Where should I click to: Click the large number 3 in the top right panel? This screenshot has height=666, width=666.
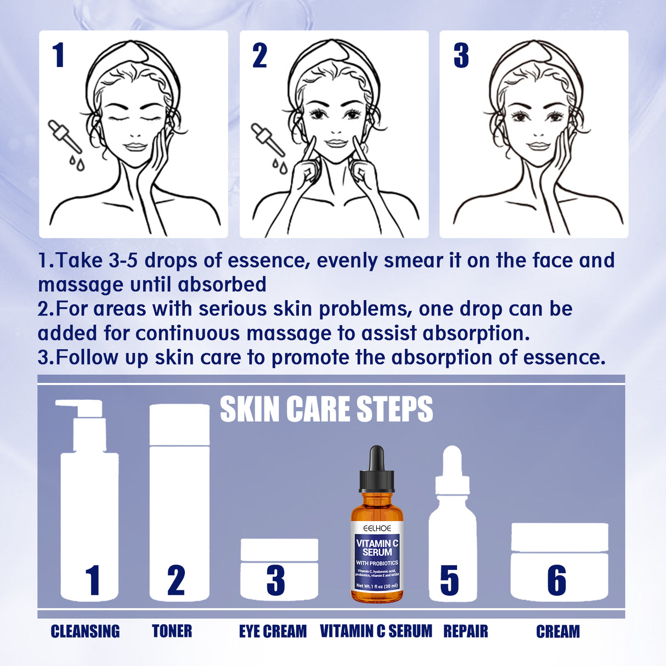pos(461,56)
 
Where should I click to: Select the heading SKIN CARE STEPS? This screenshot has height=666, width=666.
pos(326,409)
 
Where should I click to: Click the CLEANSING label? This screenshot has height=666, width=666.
pos(85,631)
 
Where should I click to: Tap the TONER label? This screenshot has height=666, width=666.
pos(172,631)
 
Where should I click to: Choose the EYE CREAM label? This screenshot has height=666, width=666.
pos(273,631)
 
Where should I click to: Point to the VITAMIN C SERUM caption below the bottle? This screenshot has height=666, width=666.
pos(376,631)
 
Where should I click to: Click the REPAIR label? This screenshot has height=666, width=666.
pos(465,631)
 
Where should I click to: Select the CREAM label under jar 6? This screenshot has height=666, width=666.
pos(557,631)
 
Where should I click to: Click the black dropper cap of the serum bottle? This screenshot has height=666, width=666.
pos(376,470)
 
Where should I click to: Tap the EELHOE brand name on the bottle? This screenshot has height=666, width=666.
pos(377,528)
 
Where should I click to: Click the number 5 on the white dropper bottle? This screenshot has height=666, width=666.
pos(449,580)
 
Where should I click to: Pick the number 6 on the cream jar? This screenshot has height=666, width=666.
pos(556,580)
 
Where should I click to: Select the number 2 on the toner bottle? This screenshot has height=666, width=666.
pos(176,580)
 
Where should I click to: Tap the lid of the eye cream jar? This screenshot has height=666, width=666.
pos(279,550)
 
